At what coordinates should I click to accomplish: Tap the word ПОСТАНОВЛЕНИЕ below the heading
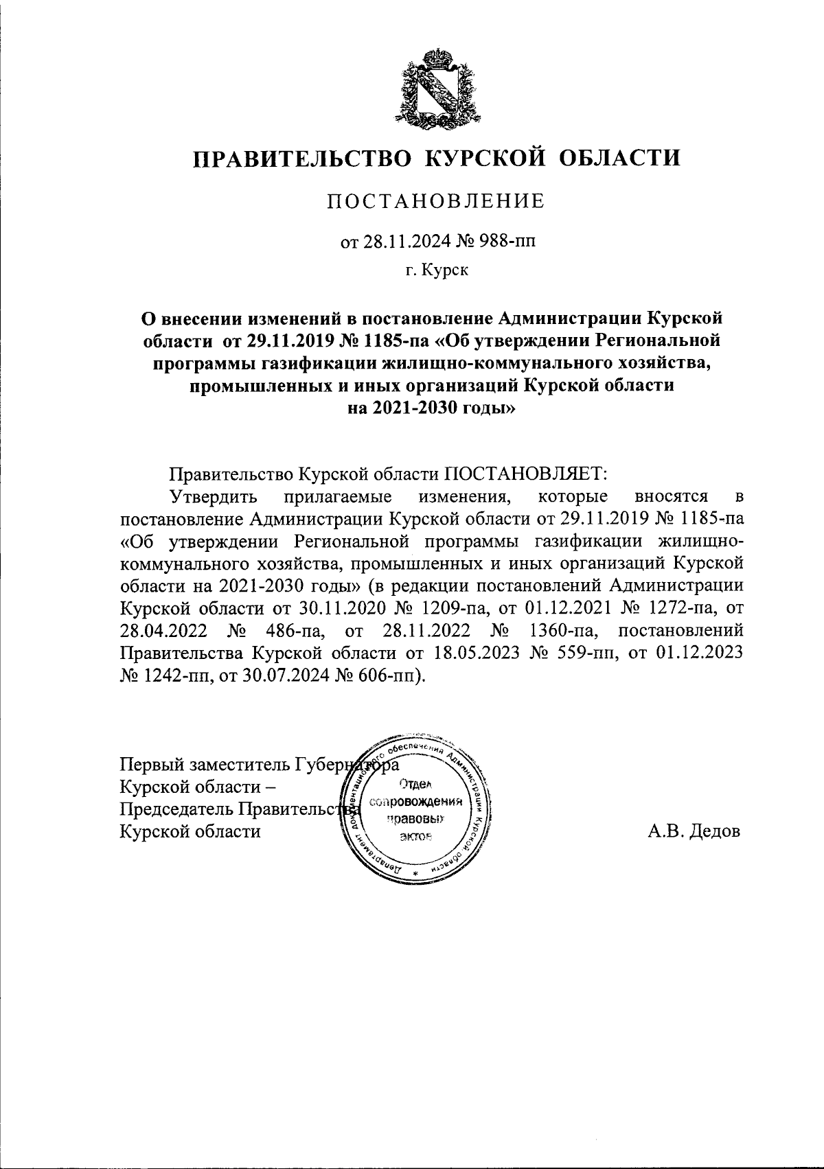pyautogui.click(x=435, y=201)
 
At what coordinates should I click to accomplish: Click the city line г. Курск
pyautogui.click(x=436, y=271)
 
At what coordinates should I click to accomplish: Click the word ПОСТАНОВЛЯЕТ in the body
pyautogui.click(x=524, y=474)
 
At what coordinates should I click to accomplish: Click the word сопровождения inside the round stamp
pyautogui.click(x=415, y=802)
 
